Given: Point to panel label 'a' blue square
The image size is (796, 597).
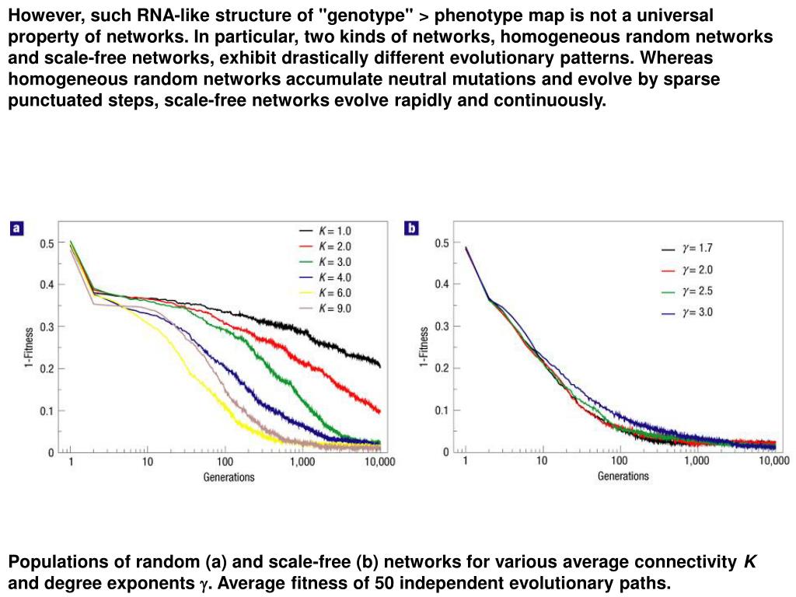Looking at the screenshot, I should pyautogui.click(x=16, y=229).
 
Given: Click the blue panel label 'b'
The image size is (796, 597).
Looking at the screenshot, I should pyautogui.click(x=411, y=228).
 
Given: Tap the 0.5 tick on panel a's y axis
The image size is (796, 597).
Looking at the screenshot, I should pyautogui.click(x=47, y=243).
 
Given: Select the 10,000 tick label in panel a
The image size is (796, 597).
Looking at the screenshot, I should pyautogui.click(x=379, y=462).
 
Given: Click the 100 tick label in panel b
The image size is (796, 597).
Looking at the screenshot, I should pyautogui.click(x=620, y=461).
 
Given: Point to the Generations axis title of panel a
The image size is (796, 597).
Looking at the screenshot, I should pyautogui.click(x=229, y=477).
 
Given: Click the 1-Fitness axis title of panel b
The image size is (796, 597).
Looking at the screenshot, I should pyautogui.click(x=424, y=347).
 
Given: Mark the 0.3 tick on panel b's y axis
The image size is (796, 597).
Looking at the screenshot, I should pyautogui.click(x=442, y=326).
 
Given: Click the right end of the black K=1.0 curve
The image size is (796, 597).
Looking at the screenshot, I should pyautogui.click(x=380, y=365).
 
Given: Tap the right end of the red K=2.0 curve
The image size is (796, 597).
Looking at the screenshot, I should pyautogui.click(x=380, y=411).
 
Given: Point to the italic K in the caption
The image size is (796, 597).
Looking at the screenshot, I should pyautogui.click(x=749, y=562).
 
